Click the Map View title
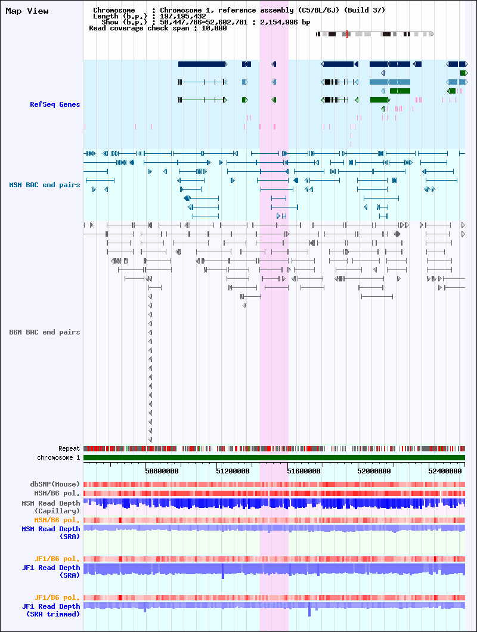pyautogui.click(x=27, y=11)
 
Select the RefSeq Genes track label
pyautogui.click(x=55, y=104)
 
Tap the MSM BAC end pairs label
pyautogui.click(x=45, y=185)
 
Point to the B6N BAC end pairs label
pyautogui.click(x=45, y=332)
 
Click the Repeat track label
pyautogui.click(x=69, y=448)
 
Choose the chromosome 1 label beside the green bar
pyautogui.click(x=58, y=457)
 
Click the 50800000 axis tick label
pyautogui.click(x=162, y=471)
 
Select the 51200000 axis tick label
pyautogui.click(x=233, y=471)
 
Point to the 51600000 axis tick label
pyautogui.click(x=303, y=471)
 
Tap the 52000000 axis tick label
pyautogui.click(x=374, y=471)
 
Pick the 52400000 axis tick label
pyautogui.click(x=445, y=471)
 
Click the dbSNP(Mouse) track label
pyautogui.click(x=55, y=484)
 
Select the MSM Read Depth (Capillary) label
pyautogui.click(x=51, y=507)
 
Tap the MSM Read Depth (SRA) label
pyautogui.click(x=51, y=532)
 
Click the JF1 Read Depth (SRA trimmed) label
pyautogui.click(x=51, y=610)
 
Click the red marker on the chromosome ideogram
pyautogui.click(x=346, y=34)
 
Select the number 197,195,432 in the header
pyautogui.click(x=183, y=16)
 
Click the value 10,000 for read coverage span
pyautogui.click(x=214, y=28)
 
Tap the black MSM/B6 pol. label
pyautogui.click(x=57, y=493)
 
